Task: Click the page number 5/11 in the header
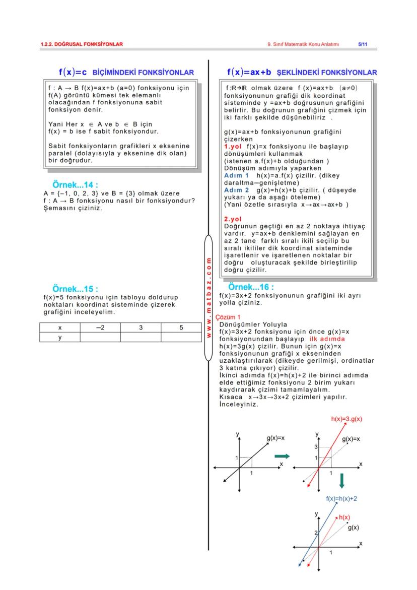click(363, 44)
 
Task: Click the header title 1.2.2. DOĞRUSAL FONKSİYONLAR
click(82, 44)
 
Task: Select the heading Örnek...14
click(75, 185)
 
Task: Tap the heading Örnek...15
click(75, 289)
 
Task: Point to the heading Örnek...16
click(251, 287)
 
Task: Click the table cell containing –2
click(100, 327)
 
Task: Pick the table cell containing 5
click(181, 327)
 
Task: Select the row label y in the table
click(60, 337)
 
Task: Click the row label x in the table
click(60, 327)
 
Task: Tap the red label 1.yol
click(234, 146)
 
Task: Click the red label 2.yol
click(233, 219)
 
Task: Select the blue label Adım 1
click(236, 175)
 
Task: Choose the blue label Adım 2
click(236, 190)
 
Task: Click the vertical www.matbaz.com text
click(208, 297)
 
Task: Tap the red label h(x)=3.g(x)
click(346, 419)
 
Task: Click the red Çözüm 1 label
click(225, 317)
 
